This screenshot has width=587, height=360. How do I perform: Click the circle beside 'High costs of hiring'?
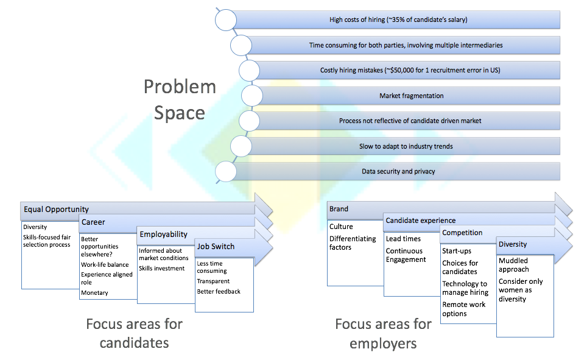[226, 20]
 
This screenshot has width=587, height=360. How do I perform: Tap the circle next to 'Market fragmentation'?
[252, 96]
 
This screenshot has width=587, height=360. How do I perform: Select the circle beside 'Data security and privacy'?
[226, 172]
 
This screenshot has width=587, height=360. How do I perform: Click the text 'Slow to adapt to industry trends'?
[406, 146]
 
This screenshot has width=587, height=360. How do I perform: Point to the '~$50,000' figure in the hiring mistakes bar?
[399, 70]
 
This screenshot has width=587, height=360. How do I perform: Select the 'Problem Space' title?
[180, 100]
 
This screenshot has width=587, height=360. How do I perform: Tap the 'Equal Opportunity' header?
[56, 210]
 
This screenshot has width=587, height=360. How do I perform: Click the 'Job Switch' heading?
[216, 247]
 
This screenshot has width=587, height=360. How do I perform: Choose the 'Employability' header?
[164, 235]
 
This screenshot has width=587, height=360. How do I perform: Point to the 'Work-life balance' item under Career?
[105, 264]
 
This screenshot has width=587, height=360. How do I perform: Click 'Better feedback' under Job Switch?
[219, 291]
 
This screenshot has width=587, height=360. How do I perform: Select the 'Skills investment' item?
[162, 268]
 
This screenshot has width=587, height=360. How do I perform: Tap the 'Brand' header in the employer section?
[339, 209]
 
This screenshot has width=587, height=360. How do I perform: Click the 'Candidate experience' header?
[421, 221]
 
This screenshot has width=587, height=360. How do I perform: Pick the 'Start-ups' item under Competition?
[457, 251]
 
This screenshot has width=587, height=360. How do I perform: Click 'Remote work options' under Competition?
[464, 309]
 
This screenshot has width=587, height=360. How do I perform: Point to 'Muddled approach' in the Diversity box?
[514, 265]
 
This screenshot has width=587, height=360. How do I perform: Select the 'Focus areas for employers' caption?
[384, 334]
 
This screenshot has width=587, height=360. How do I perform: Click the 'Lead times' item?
[403, 239]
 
